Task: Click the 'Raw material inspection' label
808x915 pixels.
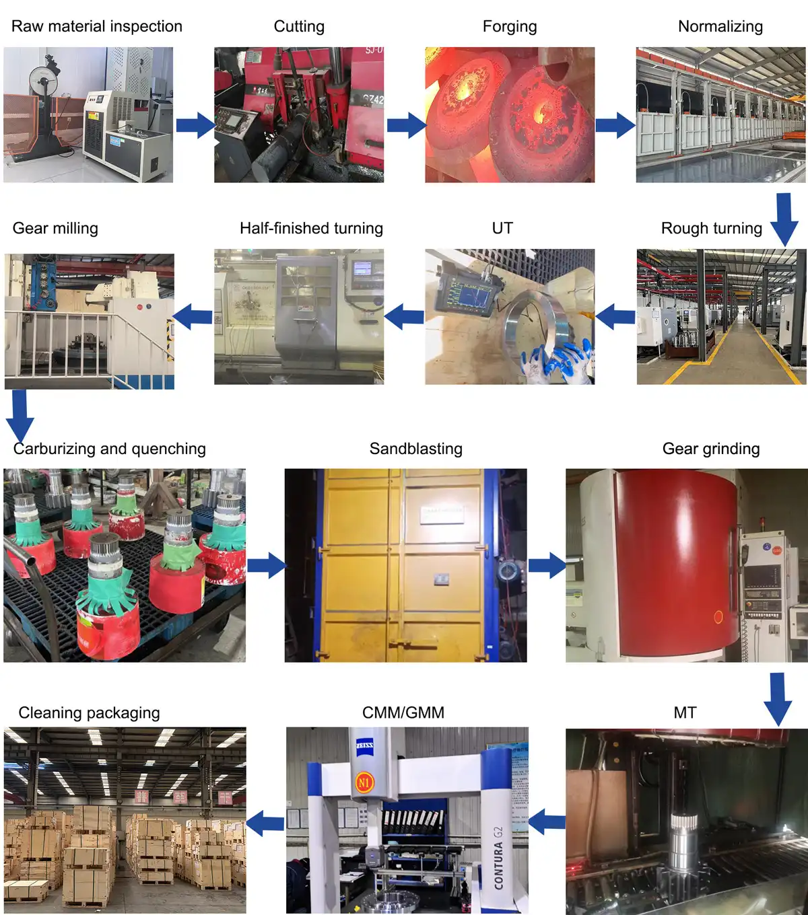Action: click(97, 26)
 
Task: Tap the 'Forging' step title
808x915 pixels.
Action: click(510, 27)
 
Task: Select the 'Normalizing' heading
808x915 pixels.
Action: click(720, 26)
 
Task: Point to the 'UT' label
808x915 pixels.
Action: click(502, 228)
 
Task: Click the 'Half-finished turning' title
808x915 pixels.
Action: click(311, 228)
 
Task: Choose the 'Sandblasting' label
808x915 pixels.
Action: click(416, 449)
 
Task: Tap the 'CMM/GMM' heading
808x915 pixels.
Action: click(403, 712)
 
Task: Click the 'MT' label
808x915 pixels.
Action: click(685, 712)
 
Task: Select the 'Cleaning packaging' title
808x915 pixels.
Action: click(89, 712)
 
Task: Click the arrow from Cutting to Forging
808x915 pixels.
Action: click(406, 125)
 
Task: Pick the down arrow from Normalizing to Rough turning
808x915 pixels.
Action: click(784, 219)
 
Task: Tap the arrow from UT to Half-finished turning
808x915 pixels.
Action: click(404, 316)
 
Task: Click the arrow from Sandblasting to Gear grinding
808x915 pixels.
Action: click(546, 565)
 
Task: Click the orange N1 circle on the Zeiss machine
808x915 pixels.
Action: click(364, 782)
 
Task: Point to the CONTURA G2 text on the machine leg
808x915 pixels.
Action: click(499, 857)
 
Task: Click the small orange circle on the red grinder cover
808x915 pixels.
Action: click(718, 616)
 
